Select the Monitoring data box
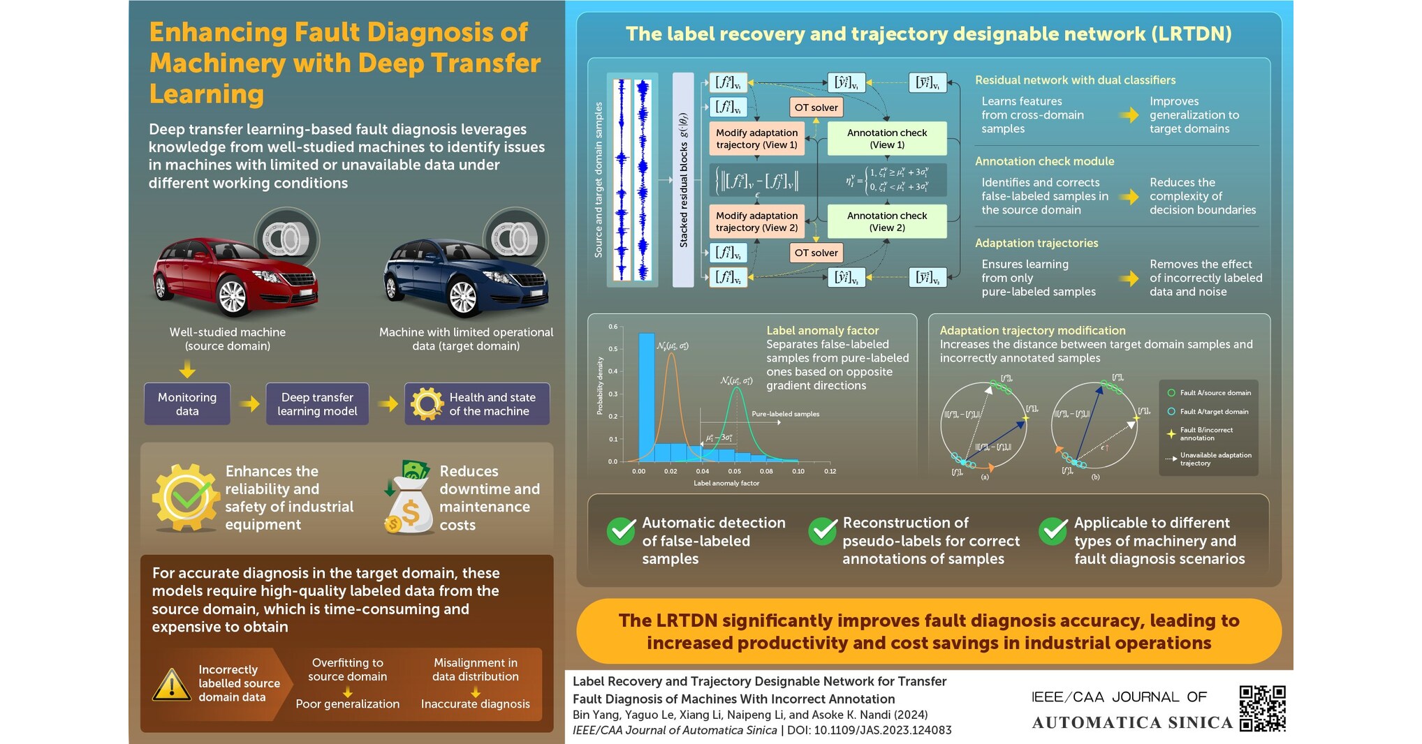(x=187, y=404)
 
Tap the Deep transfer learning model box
(x=317, y=404)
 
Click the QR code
(x=1262, y=708)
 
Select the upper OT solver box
(x=816, y=107)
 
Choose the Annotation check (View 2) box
(x=887, y=222)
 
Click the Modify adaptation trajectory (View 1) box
(x=756, y=139)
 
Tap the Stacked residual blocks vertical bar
(x=683, y=180)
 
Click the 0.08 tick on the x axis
(x=766, y=472)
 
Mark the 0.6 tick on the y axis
(x=613, y=327)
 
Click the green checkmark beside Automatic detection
(x=621, y=532)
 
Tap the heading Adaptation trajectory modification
(x=1032, y=331)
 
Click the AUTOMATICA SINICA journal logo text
(x=1132, y=723)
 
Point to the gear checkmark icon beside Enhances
(x=186, y=498)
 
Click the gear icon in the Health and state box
(x=427, y=404)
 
